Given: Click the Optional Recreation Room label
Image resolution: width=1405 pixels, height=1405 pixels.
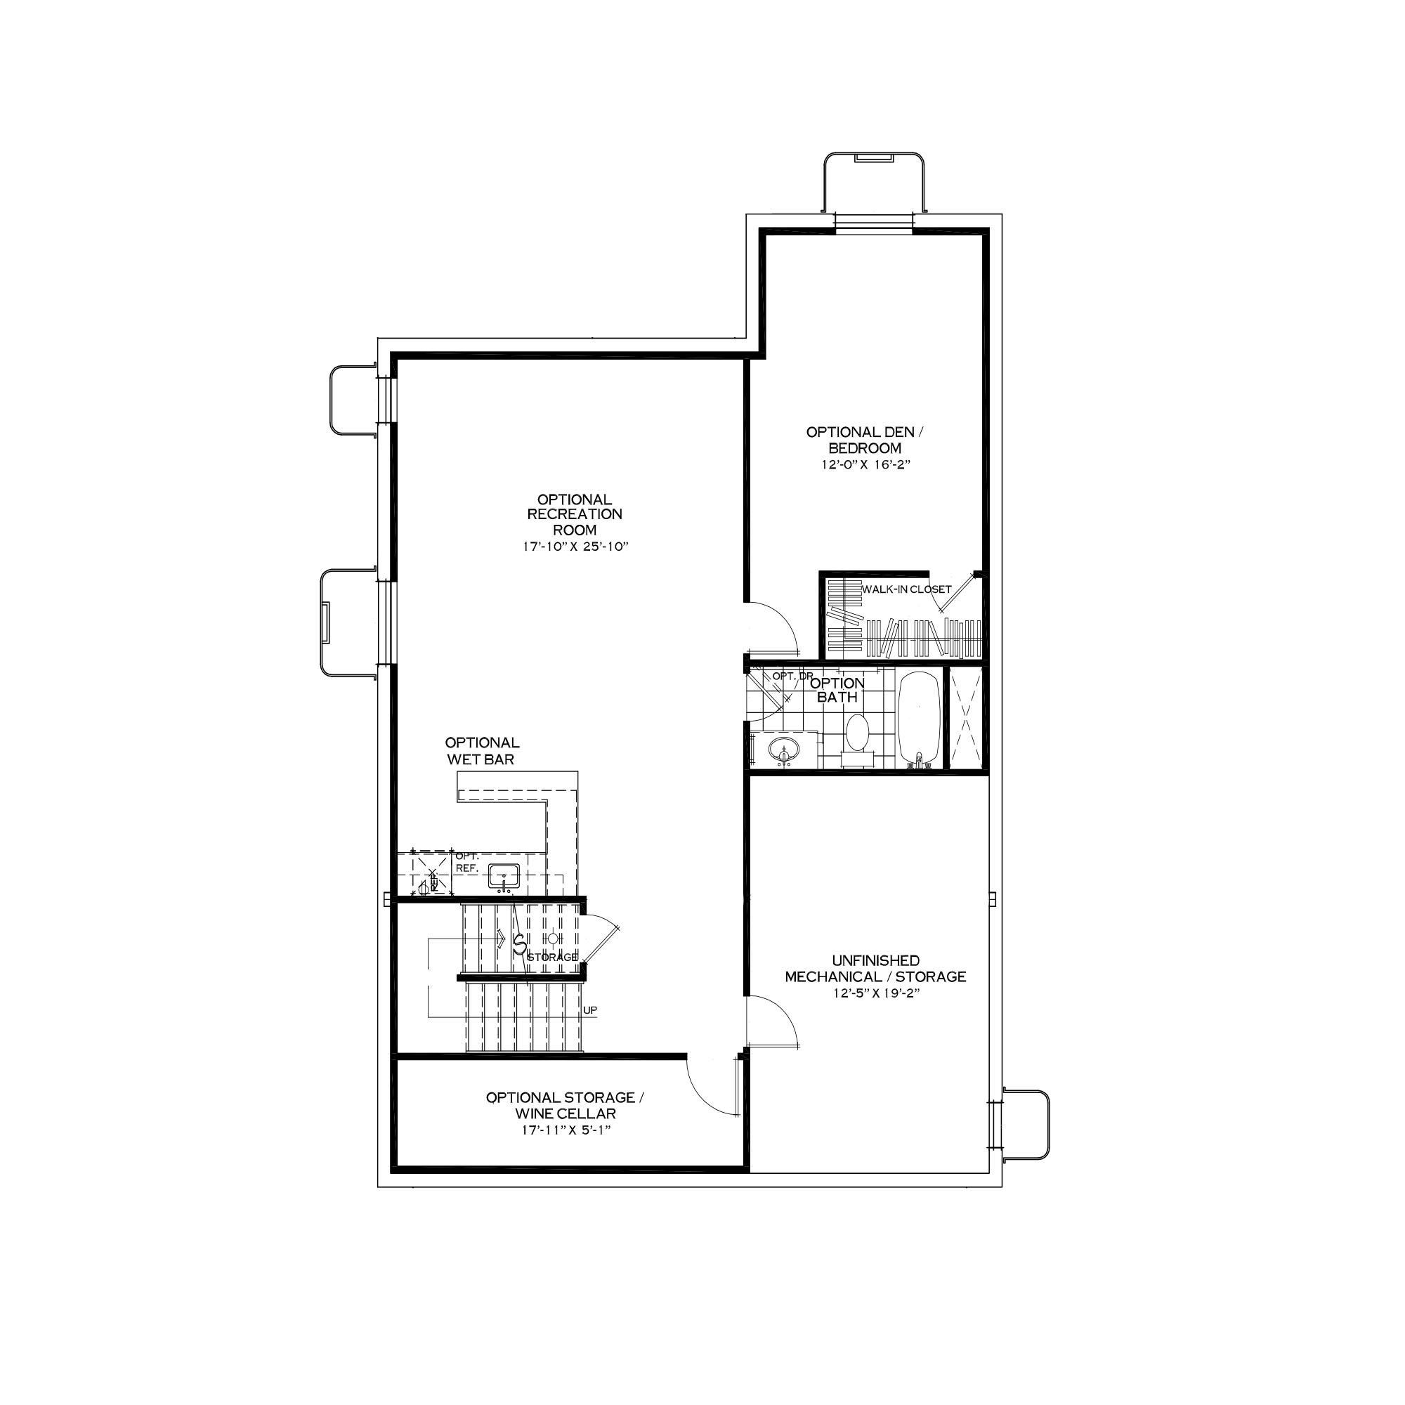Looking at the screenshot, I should click(574, 515).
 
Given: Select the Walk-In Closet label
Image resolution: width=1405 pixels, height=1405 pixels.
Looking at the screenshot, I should click(906, 589).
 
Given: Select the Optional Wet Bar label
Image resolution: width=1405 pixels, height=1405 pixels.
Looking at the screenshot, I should click(481, 750).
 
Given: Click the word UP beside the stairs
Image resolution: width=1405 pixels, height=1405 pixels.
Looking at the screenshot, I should click(590, 1010).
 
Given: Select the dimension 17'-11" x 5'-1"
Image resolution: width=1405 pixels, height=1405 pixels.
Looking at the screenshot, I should click(565, 1130).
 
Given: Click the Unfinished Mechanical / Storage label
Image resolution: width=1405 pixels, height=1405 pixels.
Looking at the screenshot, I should click(875, 969).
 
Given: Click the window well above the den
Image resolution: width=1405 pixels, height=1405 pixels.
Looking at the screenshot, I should click(873, 182).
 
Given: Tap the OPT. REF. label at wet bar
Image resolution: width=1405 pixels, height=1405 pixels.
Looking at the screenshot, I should click(466, 863).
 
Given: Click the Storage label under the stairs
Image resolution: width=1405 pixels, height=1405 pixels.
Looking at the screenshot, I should click(552, 957).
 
